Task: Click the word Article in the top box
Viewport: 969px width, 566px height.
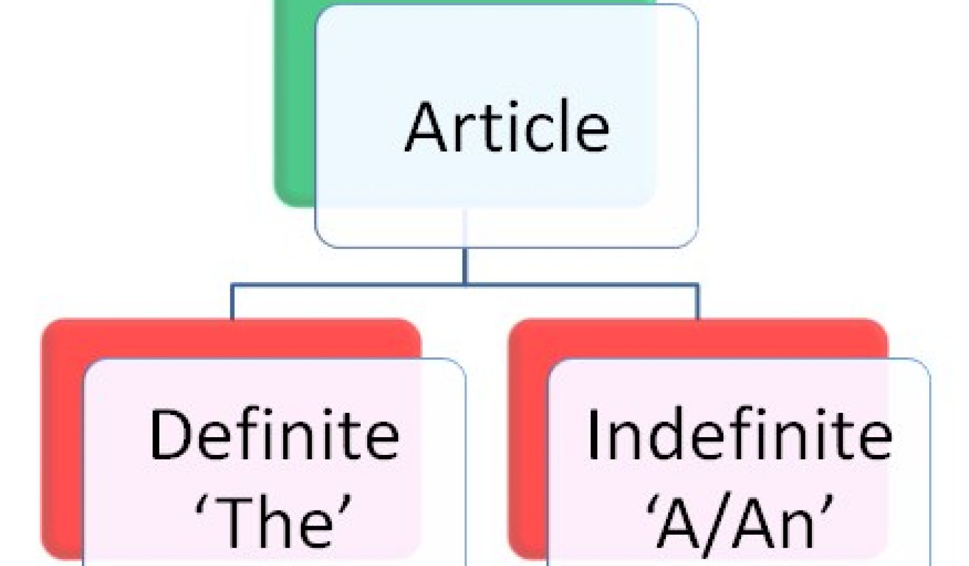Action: (x=507, y=127)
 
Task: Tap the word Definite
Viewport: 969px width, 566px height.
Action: (x=275, y=434)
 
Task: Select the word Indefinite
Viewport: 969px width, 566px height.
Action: (x=740, y=434)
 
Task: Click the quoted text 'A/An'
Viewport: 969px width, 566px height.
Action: (x=740, y=521)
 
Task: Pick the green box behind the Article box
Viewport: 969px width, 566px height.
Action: (x=295, y=108)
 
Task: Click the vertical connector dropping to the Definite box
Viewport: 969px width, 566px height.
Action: (x=232, y=302)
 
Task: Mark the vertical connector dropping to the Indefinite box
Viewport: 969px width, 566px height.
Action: (x=698, y=302)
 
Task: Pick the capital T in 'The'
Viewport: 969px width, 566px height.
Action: (x=234, y=522)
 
